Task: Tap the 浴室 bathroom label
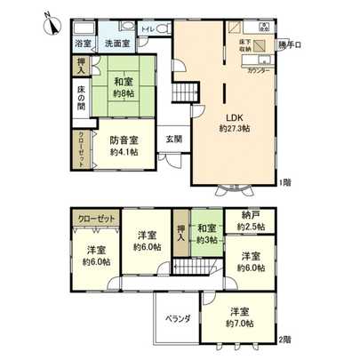point(82,42)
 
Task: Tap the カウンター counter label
point(260,68)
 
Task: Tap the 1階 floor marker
point(285,182)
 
